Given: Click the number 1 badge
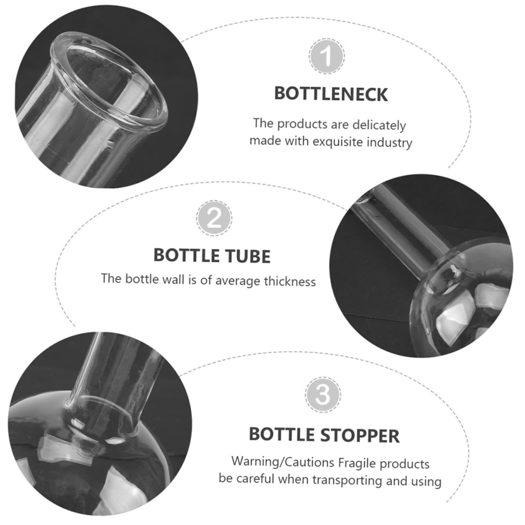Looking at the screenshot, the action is coord(326,56).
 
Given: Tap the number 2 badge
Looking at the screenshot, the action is coord(214,218).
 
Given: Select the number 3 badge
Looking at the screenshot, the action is coord(323,395).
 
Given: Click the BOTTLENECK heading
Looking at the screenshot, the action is coord(331,94).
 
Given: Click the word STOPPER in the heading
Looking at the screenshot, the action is coord(360,435).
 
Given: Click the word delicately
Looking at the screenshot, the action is coord(379,125).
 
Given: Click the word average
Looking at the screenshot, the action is coord(238,281).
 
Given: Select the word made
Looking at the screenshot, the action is coord(265,141).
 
